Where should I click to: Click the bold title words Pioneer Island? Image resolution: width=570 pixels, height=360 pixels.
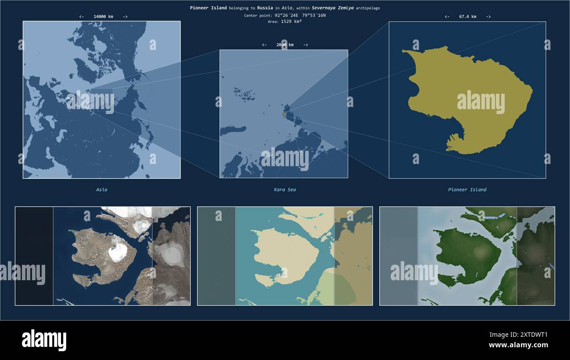click(x=208, y=8)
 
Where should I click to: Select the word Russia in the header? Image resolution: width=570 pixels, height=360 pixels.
click(x=265, y=8)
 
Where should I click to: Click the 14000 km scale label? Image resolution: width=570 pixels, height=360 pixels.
click(x=103, y=17)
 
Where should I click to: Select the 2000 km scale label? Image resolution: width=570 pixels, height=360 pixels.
click(x=285, y=45)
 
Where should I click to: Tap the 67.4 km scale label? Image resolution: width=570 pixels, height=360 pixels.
click(x=467, y=17)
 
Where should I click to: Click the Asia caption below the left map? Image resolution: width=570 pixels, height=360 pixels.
click(x=102, y=190)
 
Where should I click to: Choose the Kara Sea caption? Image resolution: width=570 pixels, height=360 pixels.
click(x=285, y=190)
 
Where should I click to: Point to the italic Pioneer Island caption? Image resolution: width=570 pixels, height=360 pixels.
click(x=467, y=190)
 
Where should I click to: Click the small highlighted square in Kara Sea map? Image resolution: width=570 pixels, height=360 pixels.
click(x=284, y=114)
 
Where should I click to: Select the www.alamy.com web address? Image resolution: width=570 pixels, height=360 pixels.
click(x=518, y=345)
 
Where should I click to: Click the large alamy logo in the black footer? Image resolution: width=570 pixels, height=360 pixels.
click(x=44, y=340)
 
